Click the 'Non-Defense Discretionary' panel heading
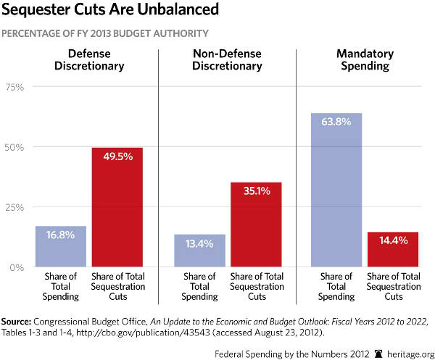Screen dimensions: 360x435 click(x=228, y=60)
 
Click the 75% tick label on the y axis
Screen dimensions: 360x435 click(x=15, y=87)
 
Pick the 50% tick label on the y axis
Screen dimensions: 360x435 click(x=15, y=147)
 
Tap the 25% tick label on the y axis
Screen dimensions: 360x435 click(x=15, y=207)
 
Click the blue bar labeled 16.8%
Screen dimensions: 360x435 click(x=61, y=246)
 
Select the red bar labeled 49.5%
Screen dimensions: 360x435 click(x=117, y=207)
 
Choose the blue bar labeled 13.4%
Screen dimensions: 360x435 click(x=199, y=250)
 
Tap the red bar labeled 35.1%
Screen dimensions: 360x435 click(x=257, y=225)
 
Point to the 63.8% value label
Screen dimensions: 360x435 click(x=336, y=122)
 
